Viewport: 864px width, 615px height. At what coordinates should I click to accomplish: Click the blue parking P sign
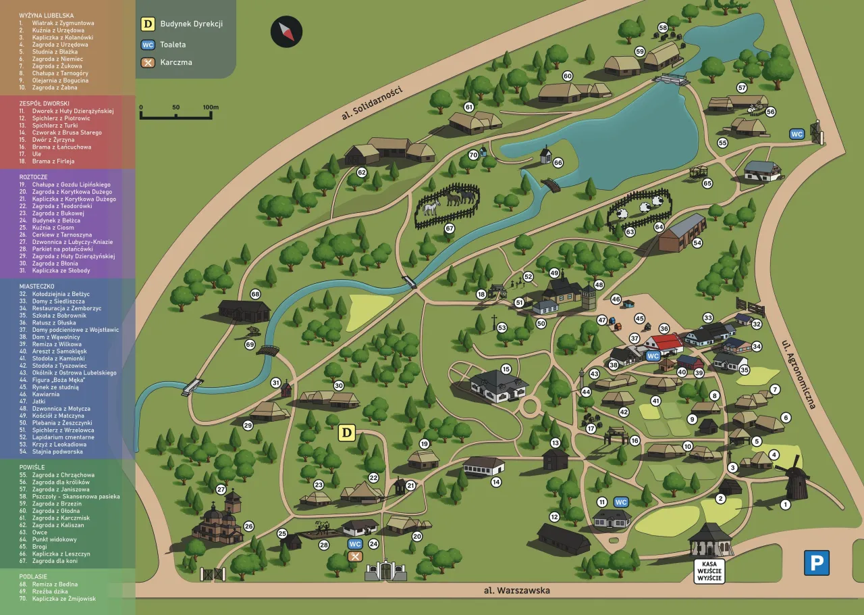pyautogui.click(x=817, y=563)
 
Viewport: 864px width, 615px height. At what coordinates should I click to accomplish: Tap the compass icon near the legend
pyautogui.click(x=287, y=32)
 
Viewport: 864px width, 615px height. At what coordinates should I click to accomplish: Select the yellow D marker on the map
pyautogui.click(x=347, y=433)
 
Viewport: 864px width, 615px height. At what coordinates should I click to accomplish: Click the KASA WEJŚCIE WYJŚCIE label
pyautogui.click(x=709, y=571)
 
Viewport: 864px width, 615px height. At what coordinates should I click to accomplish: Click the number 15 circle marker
pyautogui.click(x=506, y=369)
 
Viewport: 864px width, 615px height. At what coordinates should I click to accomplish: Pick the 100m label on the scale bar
pyautogui.click(x=211, y=107)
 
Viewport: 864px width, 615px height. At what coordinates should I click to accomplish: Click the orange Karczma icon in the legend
pyautogui.click(x=148, y=62)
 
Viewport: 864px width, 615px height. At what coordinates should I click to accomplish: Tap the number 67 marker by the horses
pyautogui.click(x=450, y=228)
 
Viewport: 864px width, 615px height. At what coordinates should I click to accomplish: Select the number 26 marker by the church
pyautogui.click(x=248, y=526)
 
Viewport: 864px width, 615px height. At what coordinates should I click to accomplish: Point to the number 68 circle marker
pyautogui.click(x=255, y=295)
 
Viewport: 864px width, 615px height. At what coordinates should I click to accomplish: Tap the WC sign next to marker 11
pyautogui.click(x=621, y=502)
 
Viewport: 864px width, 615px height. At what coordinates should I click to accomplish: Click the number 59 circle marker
pyautogui.click(x=639, y=51)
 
